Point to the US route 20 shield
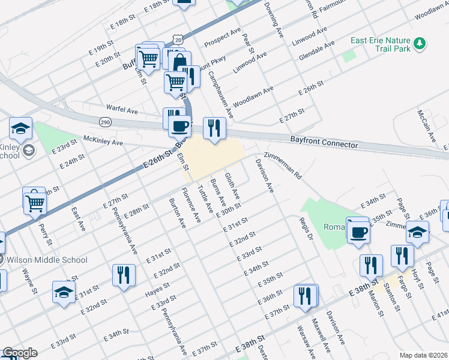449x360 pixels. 176,39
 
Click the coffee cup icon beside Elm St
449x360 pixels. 179,126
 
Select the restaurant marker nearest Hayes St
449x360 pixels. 124,275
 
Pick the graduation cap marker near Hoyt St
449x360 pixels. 418,232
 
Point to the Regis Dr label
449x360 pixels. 307,229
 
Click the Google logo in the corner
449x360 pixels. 19,353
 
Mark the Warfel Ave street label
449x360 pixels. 122,111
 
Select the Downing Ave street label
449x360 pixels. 273,20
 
